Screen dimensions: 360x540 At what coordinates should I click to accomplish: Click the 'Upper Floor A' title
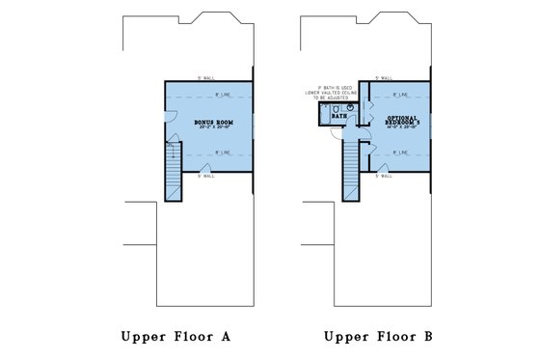tap(175, 337)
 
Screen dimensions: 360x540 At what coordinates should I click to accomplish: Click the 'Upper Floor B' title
tap(378, 337)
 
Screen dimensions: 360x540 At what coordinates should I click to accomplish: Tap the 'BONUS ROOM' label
tap(212, 123)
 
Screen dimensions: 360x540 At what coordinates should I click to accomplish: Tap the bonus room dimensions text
tap(212, 128)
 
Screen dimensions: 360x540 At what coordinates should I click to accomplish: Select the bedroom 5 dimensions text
tap(400, 130)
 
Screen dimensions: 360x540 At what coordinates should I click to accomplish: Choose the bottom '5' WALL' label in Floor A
tap(204, 177)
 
